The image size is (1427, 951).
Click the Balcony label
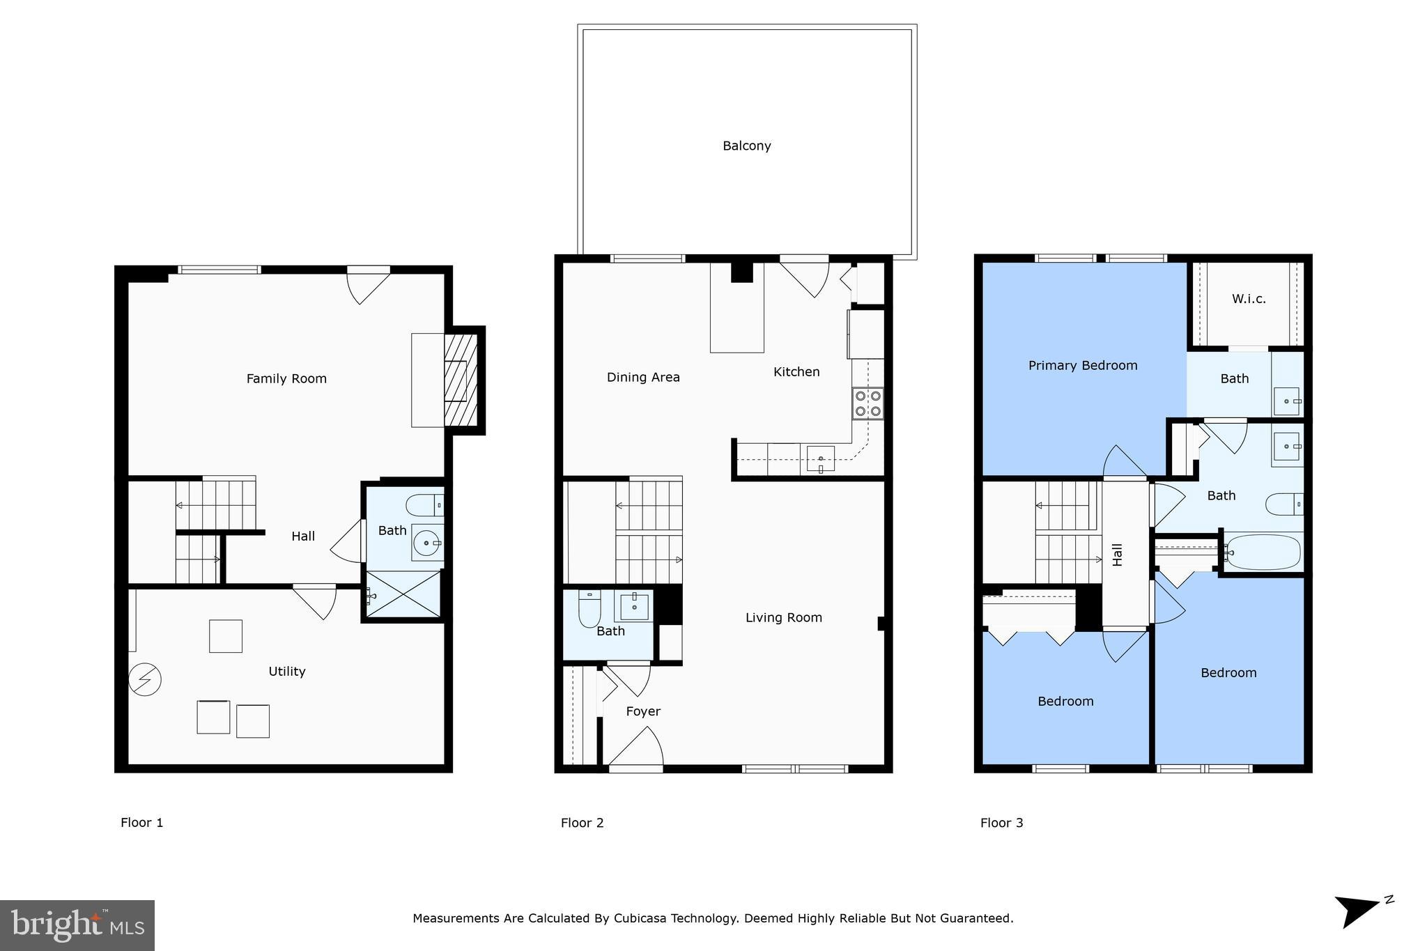(746, 146)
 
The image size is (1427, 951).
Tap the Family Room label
(286, 378)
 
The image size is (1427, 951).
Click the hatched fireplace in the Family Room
(461, 380)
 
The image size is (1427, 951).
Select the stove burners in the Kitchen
(867, 403)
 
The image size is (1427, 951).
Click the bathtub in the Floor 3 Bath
(1263, 552)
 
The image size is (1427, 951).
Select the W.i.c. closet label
(1249, 299)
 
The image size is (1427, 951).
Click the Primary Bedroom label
(1083, 365)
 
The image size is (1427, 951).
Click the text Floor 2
(582, 822)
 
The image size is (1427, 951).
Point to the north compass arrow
(1357, 911)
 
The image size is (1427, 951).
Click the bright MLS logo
(77, 925)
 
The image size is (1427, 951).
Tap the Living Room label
(783, 617)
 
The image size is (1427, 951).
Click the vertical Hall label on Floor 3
(1118, 555)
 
